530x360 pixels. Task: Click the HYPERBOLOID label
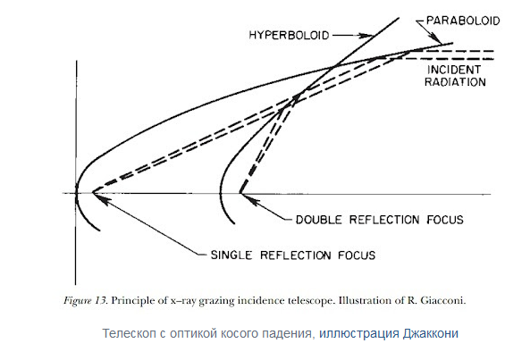coord(289,35)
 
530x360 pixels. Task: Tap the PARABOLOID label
coord(463,21)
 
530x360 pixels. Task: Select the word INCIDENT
coord(454,70)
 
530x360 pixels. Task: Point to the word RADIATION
coord(455,82)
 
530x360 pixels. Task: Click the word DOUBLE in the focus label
coord(319,220)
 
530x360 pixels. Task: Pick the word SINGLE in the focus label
coord(231,255)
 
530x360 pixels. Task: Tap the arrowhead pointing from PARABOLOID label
coord(436,38)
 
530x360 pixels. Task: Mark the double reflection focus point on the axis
coord(240,193)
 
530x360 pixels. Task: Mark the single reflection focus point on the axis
coord(93,193)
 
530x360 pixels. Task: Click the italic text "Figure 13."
coord(86,300)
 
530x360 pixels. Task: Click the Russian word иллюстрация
coord(359,333)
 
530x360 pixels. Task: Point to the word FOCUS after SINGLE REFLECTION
coord(357,255)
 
